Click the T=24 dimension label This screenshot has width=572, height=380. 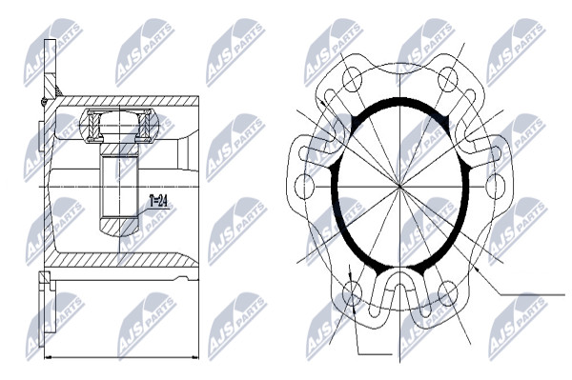tap(158, 202)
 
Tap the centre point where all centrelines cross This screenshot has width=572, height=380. tap(400, 187)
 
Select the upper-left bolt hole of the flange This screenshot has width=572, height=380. tap(353, 79)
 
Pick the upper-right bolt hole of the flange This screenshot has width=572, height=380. tap(448, 79)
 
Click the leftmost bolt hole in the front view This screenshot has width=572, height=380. tap(304, 187)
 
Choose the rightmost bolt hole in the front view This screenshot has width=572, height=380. tap(496, 187)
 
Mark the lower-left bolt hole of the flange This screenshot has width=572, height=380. tap(353, 293)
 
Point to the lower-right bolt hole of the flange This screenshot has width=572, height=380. tap(448, 293)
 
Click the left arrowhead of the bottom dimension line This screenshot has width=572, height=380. tap(47, 357)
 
